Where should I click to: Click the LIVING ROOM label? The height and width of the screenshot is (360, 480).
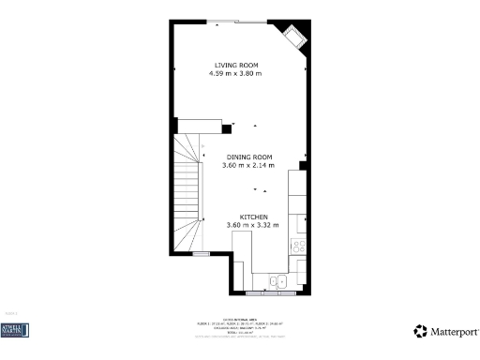pos(235,65)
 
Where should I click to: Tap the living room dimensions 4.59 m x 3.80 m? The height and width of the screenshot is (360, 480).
pos(235,73)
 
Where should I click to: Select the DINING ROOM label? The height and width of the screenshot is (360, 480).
pos(247,157)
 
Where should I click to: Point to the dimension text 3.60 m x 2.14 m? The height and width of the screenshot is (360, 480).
pos(247,165)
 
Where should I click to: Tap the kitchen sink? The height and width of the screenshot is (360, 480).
pos(278,280)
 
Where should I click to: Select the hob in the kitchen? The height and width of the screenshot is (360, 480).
pos(299,247)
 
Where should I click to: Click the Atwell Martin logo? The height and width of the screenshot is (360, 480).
pos(15,330)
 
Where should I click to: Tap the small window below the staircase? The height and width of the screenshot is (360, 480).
pos(201,253)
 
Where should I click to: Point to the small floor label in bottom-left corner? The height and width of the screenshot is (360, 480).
pos(11,313)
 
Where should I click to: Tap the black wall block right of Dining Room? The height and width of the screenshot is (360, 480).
pos(303,165)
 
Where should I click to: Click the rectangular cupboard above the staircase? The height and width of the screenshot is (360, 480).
pos(199,127)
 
